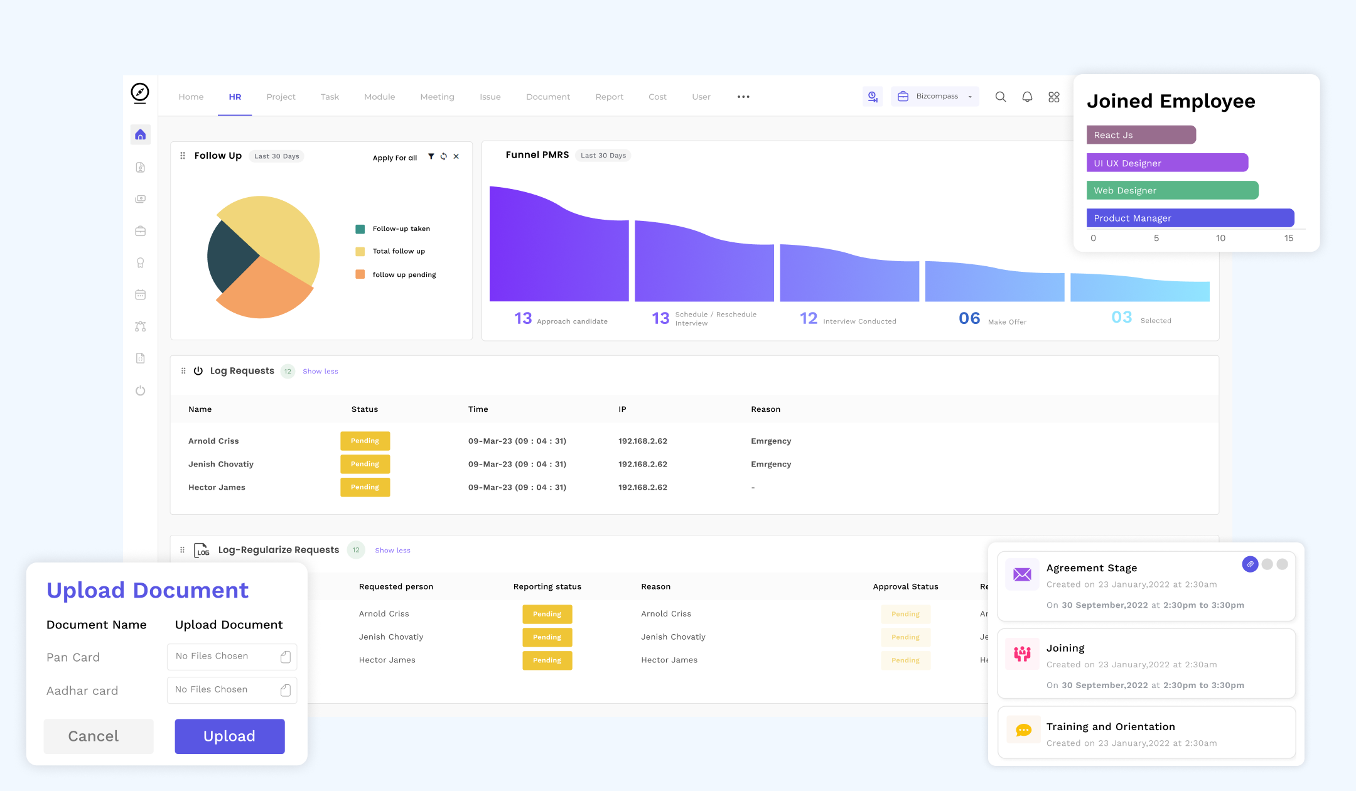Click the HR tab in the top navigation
click(235, 97)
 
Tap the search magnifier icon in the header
click(1001, 97)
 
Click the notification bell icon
click(1027, 97)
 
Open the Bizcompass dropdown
click(935, 96)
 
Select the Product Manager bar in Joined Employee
click(1190, 218)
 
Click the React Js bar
click(1141, 135)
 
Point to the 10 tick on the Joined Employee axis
click(1220, 238)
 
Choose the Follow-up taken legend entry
click(393, 229)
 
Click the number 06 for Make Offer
click(969, 318)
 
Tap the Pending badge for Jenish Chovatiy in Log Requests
click(365, 464)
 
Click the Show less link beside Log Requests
click(320, 372)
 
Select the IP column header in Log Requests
click(622, 409)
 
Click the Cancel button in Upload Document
click(99, 736)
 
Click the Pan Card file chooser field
click(232, 657)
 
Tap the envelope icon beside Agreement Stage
click(1022, 574)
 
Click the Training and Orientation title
click(1111, 726)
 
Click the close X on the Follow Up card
click(456, 156)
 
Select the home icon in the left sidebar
click(140, 134)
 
